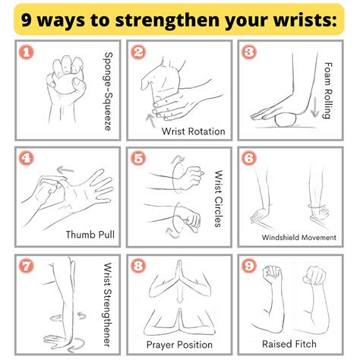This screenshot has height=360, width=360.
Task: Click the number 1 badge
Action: pyautogui.click(x=27, y=52)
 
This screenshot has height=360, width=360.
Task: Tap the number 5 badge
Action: pyautogui.click(x=138, y=158)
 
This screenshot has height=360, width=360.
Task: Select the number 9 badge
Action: pyautogui.click(x=249, y=266)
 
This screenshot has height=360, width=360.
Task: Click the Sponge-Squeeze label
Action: pyautogui.click(x=109, y=91)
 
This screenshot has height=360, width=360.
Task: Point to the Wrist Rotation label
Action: pyautogui.click(x=194, y=131)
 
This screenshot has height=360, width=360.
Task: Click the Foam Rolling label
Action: pyautogui.click(x=328, y=90)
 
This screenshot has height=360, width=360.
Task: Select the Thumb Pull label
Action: pyautogui.click(x=90, y=235)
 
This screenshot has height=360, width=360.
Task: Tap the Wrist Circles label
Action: pyautogui.click(x=219, y=198)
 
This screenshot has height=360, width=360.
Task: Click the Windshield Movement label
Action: pyautogui.click(x=299, y=238)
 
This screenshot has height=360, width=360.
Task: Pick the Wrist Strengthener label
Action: pyautogui.click(x=108, y=305)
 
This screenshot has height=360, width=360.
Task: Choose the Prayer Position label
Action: pyautogui.click(x=179, y=345)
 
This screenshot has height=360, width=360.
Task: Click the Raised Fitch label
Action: pyautogui.click(x=289, y=344)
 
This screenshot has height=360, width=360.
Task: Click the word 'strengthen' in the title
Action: pyautogui.click(x=167, y=21)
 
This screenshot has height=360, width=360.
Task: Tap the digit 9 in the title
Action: pyautogui.click(x=27, y=21)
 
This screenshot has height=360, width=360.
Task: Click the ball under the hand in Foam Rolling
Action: pyautogui.click(x=286, y=120)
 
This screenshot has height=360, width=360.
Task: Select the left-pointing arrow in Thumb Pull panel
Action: pyautogui.click(x=65, y=170)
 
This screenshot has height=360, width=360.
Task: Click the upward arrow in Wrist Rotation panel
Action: pyautogui.click(x=151, y=121)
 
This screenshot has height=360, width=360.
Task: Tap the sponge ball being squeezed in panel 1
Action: pyautogui.click(x=65, y=84)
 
